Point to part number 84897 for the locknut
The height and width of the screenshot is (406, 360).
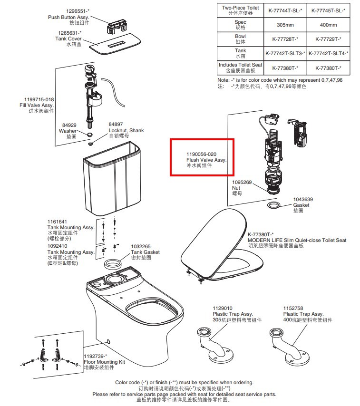pos(116,125)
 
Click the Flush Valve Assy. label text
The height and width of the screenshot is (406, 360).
pos(206,160)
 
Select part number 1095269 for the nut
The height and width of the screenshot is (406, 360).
pos(242,182)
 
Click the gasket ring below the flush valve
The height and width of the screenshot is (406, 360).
pos(274,204)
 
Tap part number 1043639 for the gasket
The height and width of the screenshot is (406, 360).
pos(303,199)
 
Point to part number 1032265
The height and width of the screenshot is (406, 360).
pos(141,246)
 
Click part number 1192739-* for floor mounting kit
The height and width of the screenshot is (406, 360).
pos(96,356)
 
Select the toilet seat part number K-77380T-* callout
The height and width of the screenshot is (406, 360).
pos(261,234)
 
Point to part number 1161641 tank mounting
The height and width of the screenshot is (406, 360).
pos(57,222)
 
